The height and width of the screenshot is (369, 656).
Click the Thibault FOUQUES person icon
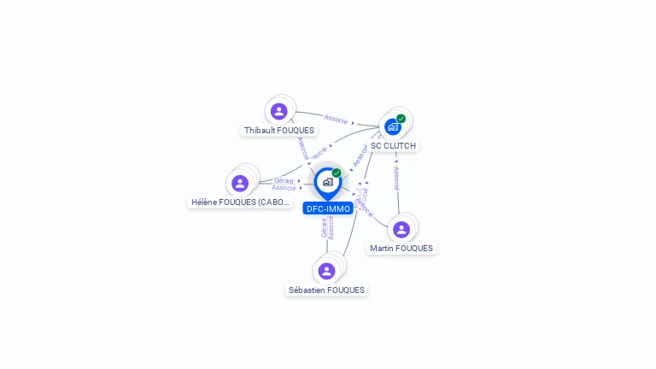click(278, 111)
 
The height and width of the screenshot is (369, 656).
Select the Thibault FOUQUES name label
click(279, 131)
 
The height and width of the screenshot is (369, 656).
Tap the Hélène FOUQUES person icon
click(240, 183)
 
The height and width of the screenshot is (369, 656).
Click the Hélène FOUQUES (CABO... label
click(241, 202)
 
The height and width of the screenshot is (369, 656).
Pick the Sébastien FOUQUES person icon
click(326, 271)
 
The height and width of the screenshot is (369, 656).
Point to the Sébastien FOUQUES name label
click(326, 290)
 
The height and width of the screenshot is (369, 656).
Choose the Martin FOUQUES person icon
click(401, 229)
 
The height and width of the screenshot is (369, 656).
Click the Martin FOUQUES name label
click(401, 249)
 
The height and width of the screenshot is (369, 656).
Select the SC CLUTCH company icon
click(393, 126)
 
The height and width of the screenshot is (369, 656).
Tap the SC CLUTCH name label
click(393, 146)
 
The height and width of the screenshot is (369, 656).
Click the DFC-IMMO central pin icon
click(327, 182)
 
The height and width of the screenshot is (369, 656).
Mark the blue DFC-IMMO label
click(328, 208)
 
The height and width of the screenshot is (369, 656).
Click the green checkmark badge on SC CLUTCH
click(401, 119)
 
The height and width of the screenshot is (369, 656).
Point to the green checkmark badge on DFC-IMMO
click(337, 173)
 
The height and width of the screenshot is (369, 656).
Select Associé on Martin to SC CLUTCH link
click(396, 178)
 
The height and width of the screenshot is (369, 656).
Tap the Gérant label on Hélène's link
click(284, 180)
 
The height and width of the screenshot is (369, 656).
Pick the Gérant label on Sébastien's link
click(324, 228)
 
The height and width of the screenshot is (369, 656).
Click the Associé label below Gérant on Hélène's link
click(284, 187)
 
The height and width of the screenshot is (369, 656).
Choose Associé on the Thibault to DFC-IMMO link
click(301, 147)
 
